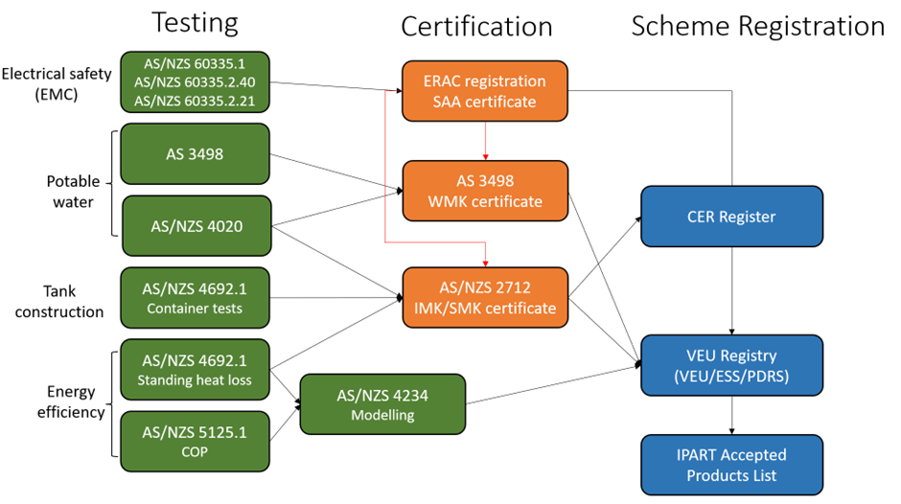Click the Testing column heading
pos(196,23)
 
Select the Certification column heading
pos(476,27)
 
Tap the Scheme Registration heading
pos(757,26)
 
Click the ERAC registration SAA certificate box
pos(484,91)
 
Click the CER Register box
pos(732,218)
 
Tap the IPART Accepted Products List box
pos(732,464)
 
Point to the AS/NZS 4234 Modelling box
pos(382,404)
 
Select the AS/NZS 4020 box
pos(196,226)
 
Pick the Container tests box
pos(196,296)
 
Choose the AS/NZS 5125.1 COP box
pos(196,442)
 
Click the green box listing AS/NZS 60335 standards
pos(196,82)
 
